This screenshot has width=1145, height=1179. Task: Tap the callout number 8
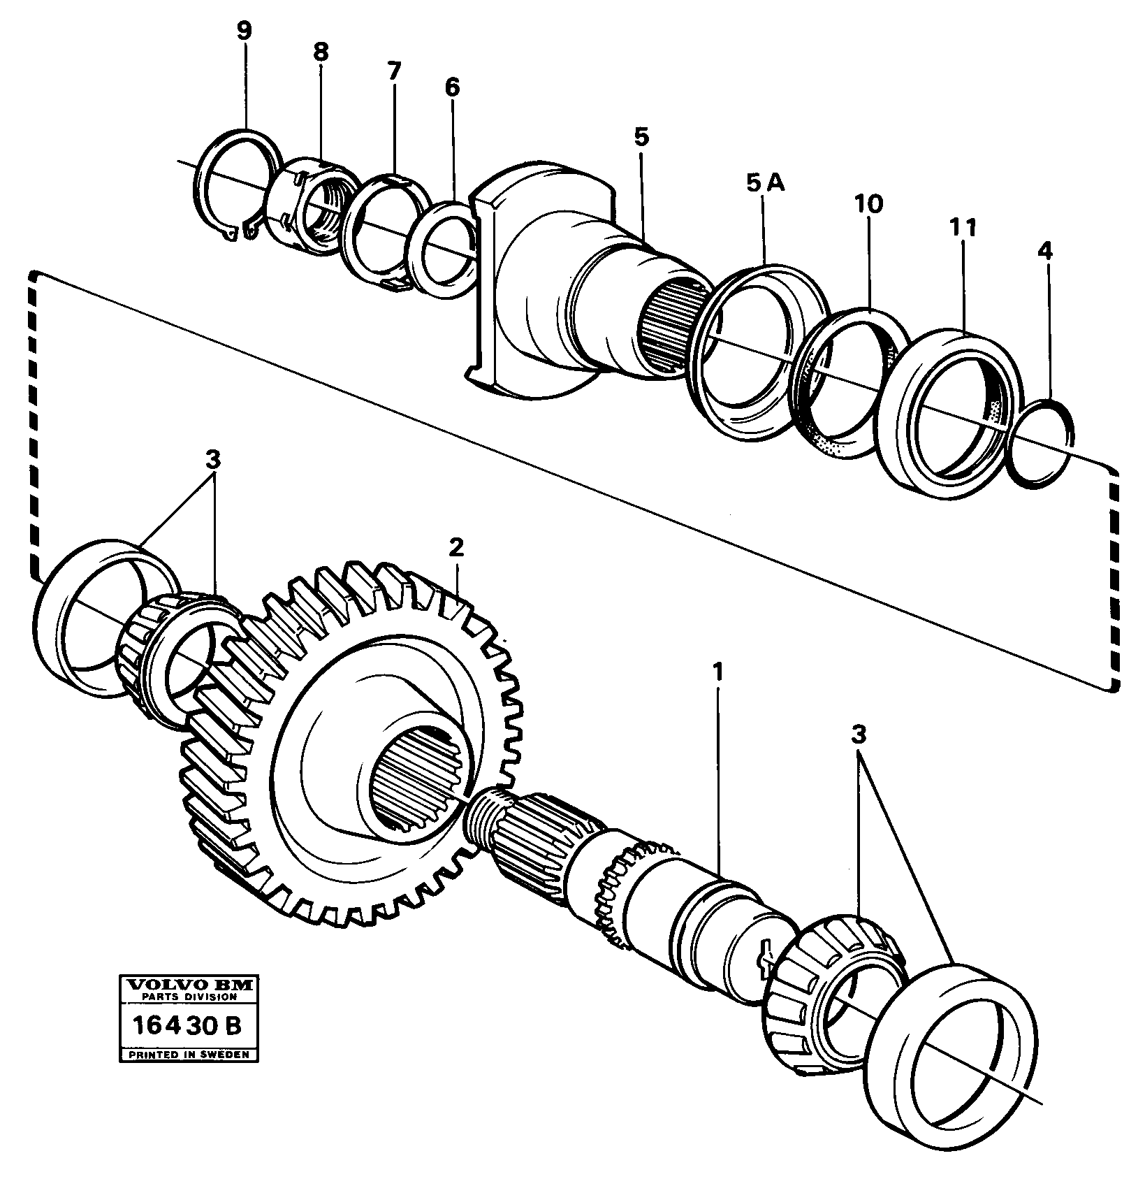[x=321, y=52]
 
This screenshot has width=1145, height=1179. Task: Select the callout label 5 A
[x=765, y=184]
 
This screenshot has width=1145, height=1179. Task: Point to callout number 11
[x=963, y=228]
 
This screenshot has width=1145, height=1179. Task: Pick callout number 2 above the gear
[x=455, y=547]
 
